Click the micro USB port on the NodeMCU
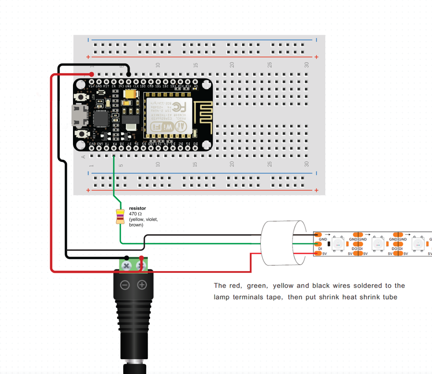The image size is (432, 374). click(x=79, y=115)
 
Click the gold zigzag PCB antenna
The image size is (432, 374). click(x=203, y=112)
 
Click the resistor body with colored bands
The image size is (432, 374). click(x=120, y=216)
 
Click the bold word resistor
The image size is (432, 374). click(x=137, y=208)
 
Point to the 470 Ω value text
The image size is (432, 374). click(x=135, y=214)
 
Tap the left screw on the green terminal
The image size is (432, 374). click(x=126, y=266)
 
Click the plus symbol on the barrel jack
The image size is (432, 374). click(x=142, y=285)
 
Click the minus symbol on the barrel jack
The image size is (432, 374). click(x=125, y=285)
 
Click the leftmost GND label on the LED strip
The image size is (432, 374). click(x=323, y=239)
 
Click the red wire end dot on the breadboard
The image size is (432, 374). click(x=92, y=74)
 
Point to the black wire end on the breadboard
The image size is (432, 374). click(x=129, y=74)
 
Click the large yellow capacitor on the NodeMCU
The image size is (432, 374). click(x=130, y=94)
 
